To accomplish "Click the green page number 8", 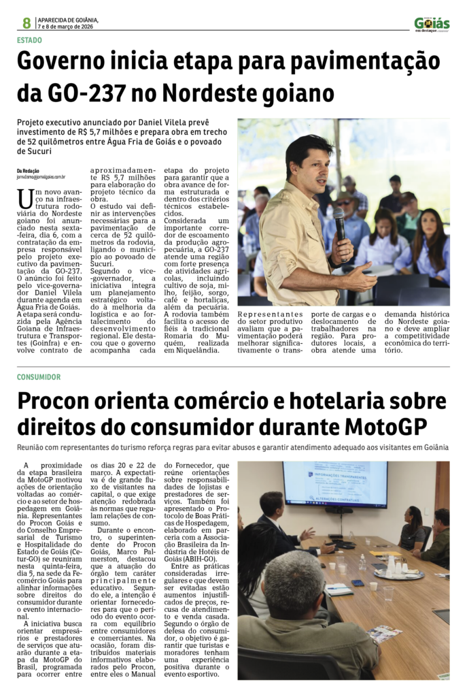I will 27,23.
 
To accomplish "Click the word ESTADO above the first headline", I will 29,40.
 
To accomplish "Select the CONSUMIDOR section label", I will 38,376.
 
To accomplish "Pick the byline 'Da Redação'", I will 28,170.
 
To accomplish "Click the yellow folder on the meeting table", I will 380,553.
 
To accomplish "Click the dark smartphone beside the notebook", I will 358,583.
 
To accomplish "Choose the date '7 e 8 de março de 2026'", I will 65,27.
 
